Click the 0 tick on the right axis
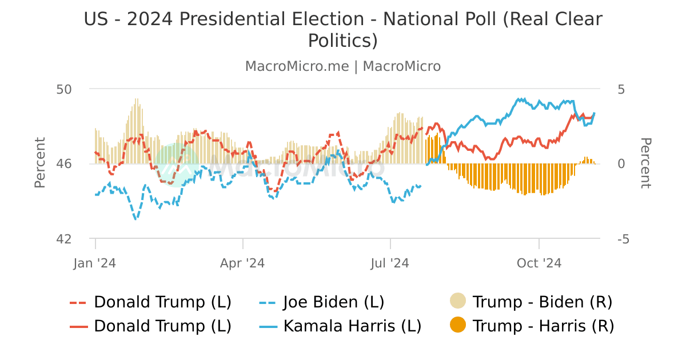click(621, 164)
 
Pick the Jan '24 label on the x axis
click(95, 263)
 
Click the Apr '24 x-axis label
click(242, 263)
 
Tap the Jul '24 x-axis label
click(390, 263)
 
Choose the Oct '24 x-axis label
click(539, 263)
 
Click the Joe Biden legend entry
click(334, 302)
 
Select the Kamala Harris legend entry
click(352, 326)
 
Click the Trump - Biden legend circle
click(458, 301)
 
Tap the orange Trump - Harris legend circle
click(458, 326)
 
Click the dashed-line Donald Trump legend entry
click(162, 302)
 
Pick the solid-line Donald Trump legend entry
click(162, 326)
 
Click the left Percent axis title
click(39, 163)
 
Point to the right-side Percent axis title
click(645, 163)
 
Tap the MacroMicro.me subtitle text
click(297, 66)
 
